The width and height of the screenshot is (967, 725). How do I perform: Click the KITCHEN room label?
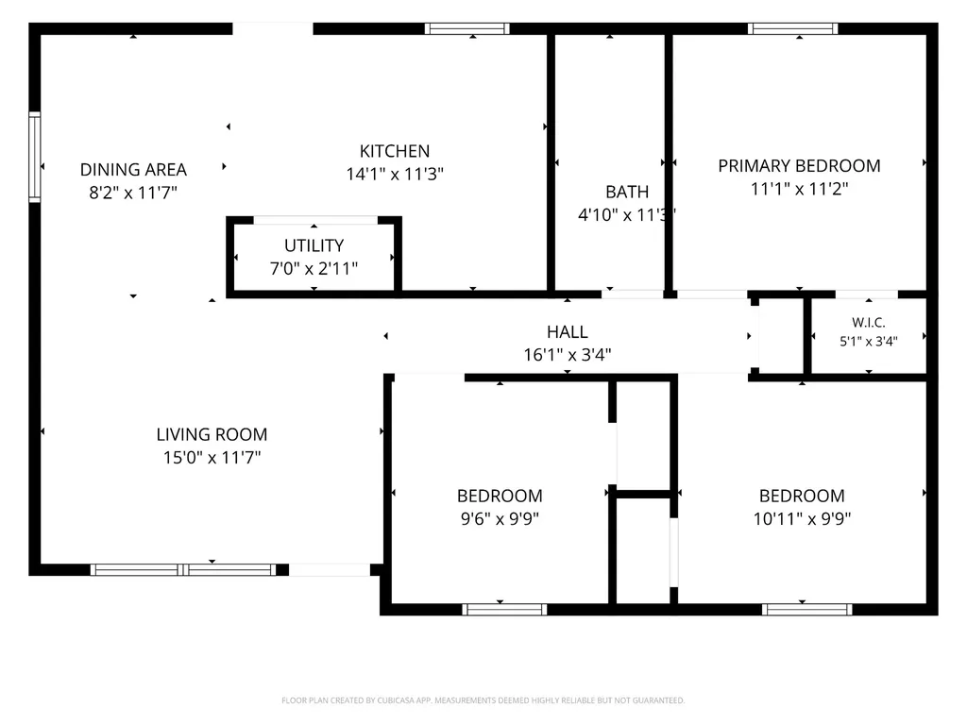[395, 151]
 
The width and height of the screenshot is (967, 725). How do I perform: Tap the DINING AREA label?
[133, 170]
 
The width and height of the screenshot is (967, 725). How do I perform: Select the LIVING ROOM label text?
[212, 434]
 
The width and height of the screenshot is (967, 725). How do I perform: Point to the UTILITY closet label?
[314, 245]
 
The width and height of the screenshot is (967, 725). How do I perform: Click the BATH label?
[627, 192]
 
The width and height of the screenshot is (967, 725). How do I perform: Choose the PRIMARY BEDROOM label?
[799, 166]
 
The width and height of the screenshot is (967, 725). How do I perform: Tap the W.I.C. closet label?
[869, 323]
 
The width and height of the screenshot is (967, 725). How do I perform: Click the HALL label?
[568, 332]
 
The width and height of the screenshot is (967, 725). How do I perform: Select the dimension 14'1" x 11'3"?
[395, 174]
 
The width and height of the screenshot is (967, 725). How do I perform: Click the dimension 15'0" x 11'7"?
[212, 458]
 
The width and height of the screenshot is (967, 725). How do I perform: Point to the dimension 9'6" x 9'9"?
[500, 518]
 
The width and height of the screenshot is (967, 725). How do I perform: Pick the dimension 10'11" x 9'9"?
[802, 518]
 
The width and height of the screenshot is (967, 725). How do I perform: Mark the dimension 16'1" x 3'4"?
[568, 355]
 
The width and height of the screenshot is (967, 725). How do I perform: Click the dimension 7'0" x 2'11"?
[314, 268]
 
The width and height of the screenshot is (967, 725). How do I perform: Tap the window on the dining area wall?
[35, 158]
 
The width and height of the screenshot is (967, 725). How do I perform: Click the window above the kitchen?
[467, 28]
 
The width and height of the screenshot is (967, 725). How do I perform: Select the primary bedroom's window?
[792, 28]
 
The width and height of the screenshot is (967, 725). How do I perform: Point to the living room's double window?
[183, 569]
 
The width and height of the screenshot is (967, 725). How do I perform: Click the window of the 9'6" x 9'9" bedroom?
[504, 610]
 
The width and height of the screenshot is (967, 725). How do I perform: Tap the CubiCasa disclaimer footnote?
[483, 700]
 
